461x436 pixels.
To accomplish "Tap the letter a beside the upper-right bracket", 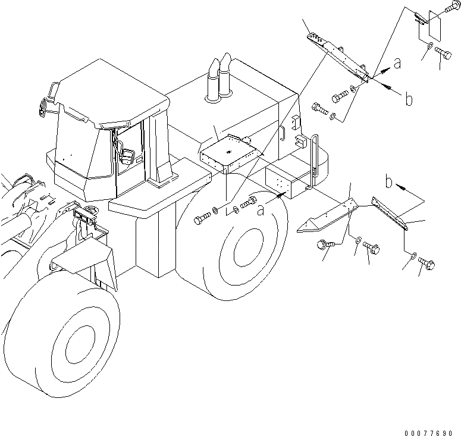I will point(398,62).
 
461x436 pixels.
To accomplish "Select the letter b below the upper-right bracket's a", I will point(409,99).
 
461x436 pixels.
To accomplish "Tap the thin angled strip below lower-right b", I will point(389,212).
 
